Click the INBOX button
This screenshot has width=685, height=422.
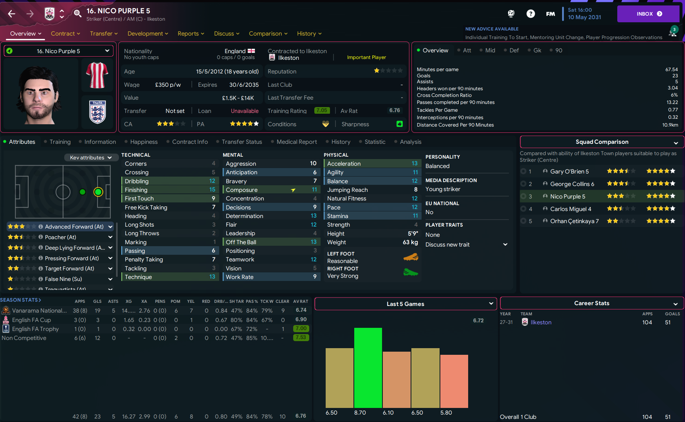tap(648, 14)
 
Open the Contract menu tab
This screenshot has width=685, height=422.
tap(65, 34)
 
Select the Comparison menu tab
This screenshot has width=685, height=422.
tap(268, 34)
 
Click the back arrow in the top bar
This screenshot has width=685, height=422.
tap(12, 14)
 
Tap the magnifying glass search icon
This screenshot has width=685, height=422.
tap(78, 14)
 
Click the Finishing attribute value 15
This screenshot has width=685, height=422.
tap(212, 190)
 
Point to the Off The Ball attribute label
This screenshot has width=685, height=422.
tap(241, 242)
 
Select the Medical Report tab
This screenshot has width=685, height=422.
tap(297, 142)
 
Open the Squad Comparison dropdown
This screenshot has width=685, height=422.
tap(602, 142)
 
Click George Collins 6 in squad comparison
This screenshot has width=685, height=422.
tap(572, 184)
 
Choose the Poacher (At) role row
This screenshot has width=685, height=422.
tap(60, 237)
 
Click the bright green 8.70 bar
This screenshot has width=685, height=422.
tap(368, 367)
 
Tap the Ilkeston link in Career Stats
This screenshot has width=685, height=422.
tap(541, 322)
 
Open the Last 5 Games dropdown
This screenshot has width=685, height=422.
tap(406, 304)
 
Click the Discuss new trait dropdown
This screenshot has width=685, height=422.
tap(466, 245)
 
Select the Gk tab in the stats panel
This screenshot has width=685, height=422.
tap(537, 50)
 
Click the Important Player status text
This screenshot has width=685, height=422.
tap(366, 57)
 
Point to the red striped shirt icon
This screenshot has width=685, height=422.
tap(97, 75)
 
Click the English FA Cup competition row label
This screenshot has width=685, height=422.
tap(31, 320)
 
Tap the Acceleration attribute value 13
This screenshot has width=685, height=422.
tap(415, 164)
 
